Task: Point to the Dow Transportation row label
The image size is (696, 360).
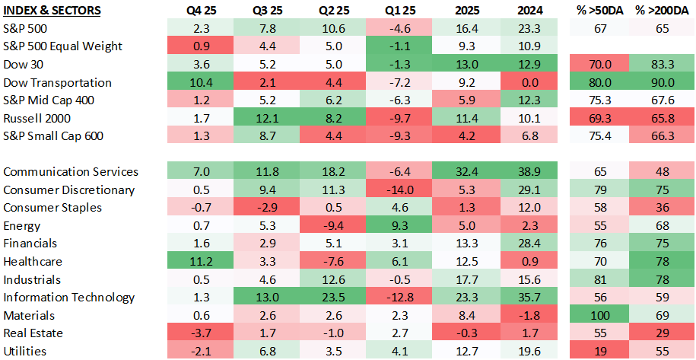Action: click(x=57, y=82)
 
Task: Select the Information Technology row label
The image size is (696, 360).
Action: click(x=69, y=297)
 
